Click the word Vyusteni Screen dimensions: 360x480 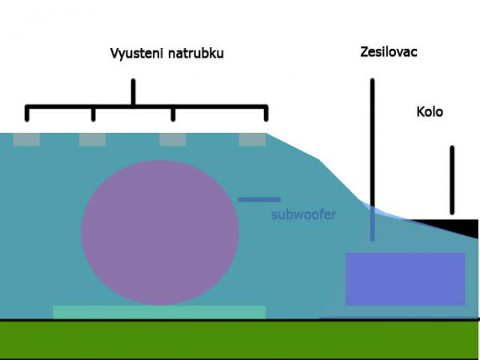(x=135, y=54)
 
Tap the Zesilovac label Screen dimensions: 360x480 (x=389, y=52)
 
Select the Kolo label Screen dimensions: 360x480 (x=430, y=112)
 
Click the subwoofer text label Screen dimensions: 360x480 (x=303, y=214)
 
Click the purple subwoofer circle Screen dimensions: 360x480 (x=160, y=232)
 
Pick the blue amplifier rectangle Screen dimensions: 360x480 (x=405, y=278)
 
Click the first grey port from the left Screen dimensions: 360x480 (x=26, y=139)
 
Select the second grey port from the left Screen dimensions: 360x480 (x=92, y=139)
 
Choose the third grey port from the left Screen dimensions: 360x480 (x=172, y=139)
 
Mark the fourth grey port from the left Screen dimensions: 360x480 (x=252, y=139)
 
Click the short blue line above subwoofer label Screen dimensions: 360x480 (x=258, y=199)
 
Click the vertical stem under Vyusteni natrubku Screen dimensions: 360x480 (x=133, y=91)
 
